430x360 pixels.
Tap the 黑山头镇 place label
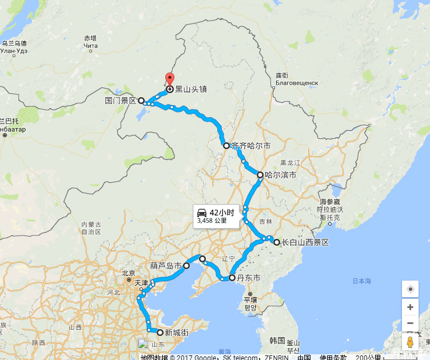[x=190, y=89]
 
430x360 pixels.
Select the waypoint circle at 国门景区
[x=141, y=100]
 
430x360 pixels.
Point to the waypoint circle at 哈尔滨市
[x=260, y=175]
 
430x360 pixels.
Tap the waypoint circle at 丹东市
[x=232, y=278]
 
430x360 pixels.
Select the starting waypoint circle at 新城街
[x=160, y=332]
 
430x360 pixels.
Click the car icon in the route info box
[x=202, y=212]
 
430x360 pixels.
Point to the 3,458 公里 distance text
[x=212, y=220]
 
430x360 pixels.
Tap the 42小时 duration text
[x=222, y=212]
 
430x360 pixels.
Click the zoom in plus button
[x=410, y=307]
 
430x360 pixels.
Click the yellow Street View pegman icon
[x=410, y=342]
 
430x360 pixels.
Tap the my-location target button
[x=410, y=289]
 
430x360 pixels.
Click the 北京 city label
[x=129, y=273]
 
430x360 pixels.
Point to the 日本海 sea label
[x=361, y=281]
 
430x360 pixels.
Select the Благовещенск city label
[x=296, y=83]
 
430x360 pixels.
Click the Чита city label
[x=90, y=46]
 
